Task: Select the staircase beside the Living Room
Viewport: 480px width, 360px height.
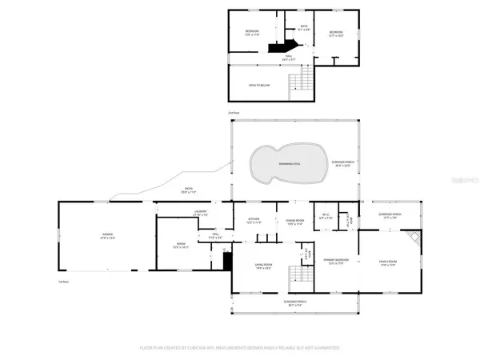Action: pyautogui.click(x=301, y=273)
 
